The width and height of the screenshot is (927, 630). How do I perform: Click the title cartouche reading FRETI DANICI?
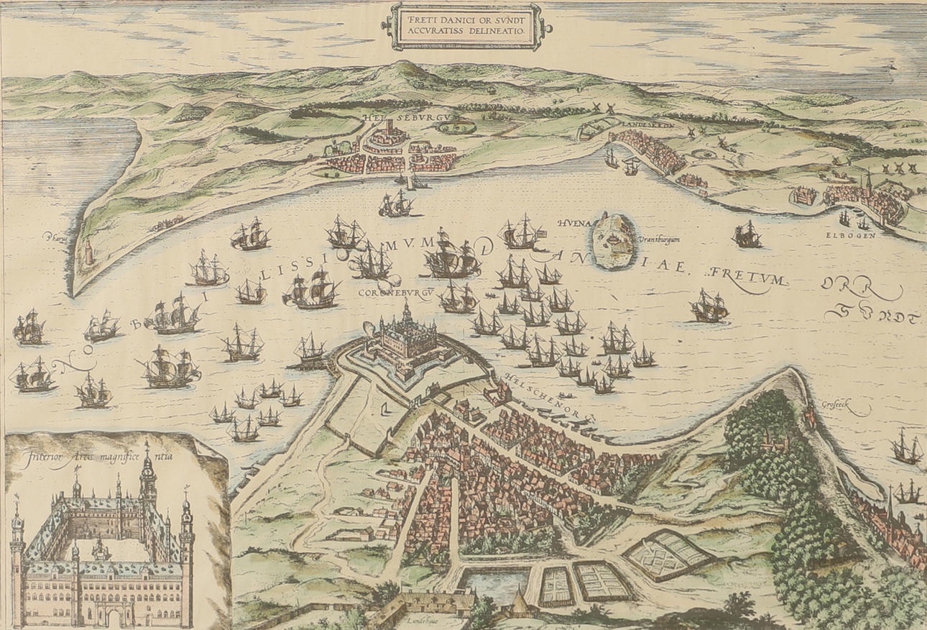point(466,27)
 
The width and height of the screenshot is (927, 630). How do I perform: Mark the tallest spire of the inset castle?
point(147,467)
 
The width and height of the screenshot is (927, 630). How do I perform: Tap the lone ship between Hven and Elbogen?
point(747,234)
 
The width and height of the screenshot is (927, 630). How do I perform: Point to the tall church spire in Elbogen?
point(869,181)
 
